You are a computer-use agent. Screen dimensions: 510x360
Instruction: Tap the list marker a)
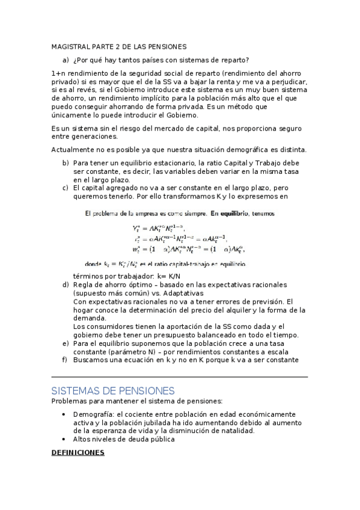[x=66, y=60]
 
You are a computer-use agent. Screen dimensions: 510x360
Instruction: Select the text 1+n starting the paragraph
[x=58, y=73]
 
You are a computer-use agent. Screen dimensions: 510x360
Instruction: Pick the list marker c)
[x=66, y=188]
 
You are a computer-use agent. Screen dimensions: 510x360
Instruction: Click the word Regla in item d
[x=84, y=284]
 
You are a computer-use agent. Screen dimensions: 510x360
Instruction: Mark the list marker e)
[x=66, y=343]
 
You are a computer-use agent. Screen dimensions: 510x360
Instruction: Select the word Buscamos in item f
[x=90, y=360]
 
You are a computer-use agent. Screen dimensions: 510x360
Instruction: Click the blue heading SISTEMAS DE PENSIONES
[x=112, y=390]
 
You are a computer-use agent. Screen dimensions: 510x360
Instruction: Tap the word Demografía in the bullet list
[x=94, y=414]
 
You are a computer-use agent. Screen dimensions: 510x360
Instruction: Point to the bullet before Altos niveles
[x=64, y=440]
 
